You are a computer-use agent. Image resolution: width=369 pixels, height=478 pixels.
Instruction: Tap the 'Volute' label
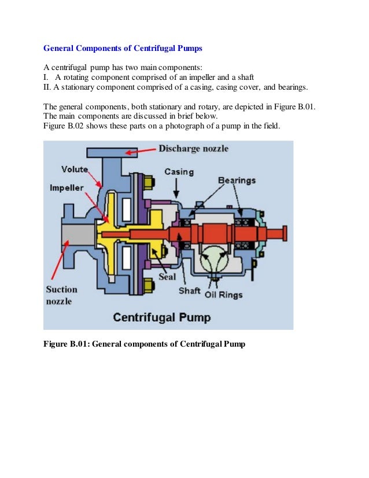(75, 170)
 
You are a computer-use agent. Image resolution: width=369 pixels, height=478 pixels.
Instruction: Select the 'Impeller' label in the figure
(66, 188)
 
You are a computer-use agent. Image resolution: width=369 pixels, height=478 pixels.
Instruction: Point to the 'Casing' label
(179, 172)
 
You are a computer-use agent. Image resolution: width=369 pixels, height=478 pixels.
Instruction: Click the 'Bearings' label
(236, 181)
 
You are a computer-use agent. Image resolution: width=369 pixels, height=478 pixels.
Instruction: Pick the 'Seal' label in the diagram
(167, 277)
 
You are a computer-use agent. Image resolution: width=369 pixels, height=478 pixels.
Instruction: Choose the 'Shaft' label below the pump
(189, 290)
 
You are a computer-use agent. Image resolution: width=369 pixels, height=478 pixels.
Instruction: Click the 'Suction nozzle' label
(61, 296)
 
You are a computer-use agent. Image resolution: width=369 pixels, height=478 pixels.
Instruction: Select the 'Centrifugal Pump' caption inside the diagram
(161, 317)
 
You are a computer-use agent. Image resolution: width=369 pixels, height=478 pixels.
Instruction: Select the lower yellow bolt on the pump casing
(148, 284)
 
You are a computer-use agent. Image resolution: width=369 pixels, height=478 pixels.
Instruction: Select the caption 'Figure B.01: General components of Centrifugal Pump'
(145, 344)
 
